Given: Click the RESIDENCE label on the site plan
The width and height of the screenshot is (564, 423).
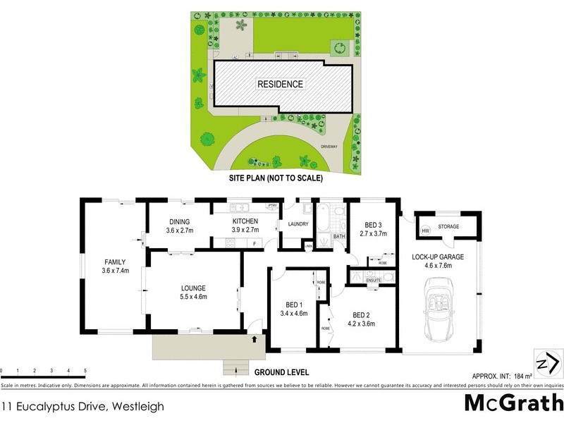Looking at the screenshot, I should pyautogui.click(x=280, y=84).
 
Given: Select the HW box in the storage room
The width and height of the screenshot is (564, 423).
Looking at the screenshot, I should pyautogui.click(x=425, y=231).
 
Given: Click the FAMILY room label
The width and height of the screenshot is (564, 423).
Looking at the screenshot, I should pyautogui.click(x=115, y=262).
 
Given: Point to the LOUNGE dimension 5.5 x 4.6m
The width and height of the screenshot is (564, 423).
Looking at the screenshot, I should pyautogui.click(x=192, y=297).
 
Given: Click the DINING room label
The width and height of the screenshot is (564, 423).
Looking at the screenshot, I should pyautogui.click(x=179, y=221).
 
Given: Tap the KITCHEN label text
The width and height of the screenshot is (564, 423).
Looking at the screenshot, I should pyautogui.click(x=245, y=221).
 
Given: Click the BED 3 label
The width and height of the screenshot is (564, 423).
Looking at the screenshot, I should pyautogui.click(x=374, y=225).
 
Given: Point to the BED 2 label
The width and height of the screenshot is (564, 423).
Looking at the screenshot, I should pyautogui.click(x=361, y=314).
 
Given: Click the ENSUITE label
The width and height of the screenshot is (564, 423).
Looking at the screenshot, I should pyautogui.click(x=374, y=281).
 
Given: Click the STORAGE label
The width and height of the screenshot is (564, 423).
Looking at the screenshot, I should pyautogui.click(x=449, y=227).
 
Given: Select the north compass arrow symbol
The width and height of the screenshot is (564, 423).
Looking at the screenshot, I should pyautogui.click(x=548, y=363).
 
